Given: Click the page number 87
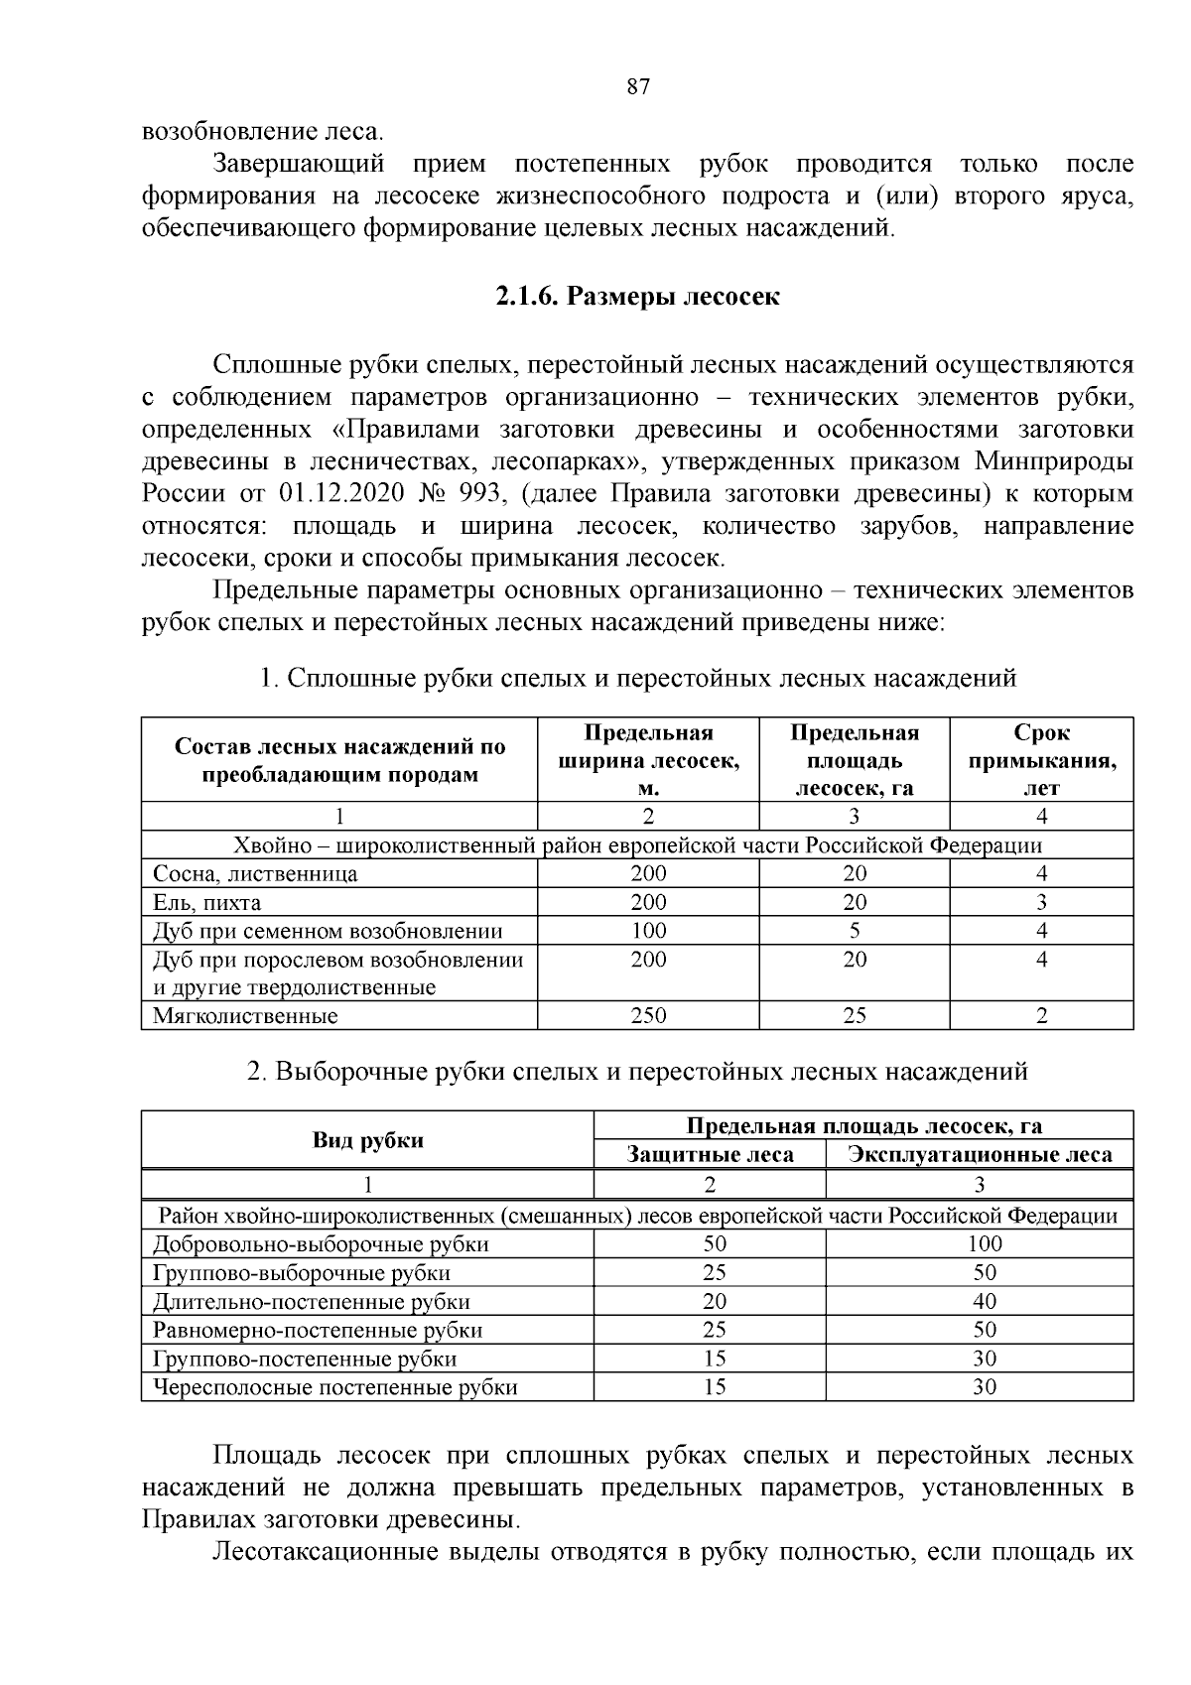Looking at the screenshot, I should coord(638,86).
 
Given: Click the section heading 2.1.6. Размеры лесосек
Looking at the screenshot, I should coord(638,297).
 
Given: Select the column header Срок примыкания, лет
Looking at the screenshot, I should coord(1041,760).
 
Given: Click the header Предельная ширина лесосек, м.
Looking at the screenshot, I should coord(648,760).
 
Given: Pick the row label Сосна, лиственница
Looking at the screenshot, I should coord(255,873).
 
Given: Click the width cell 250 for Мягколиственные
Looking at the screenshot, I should coord(648,1015).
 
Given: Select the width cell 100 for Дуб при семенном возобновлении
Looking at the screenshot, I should coord(648,931).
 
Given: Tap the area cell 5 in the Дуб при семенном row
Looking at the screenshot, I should coord(854,931).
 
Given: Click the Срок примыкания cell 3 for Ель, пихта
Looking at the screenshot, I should coord(1041,902).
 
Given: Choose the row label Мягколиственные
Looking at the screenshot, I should coord(245,1016).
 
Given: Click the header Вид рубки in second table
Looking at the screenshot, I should coord(368,1140).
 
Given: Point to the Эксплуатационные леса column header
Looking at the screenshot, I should coord(980,1154).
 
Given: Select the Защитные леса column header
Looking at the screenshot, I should coord(710,1154).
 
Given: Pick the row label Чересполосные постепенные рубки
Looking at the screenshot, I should coord(335,1386).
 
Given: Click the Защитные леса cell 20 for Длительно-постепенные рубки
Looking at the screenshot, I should coord(714,1301).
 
